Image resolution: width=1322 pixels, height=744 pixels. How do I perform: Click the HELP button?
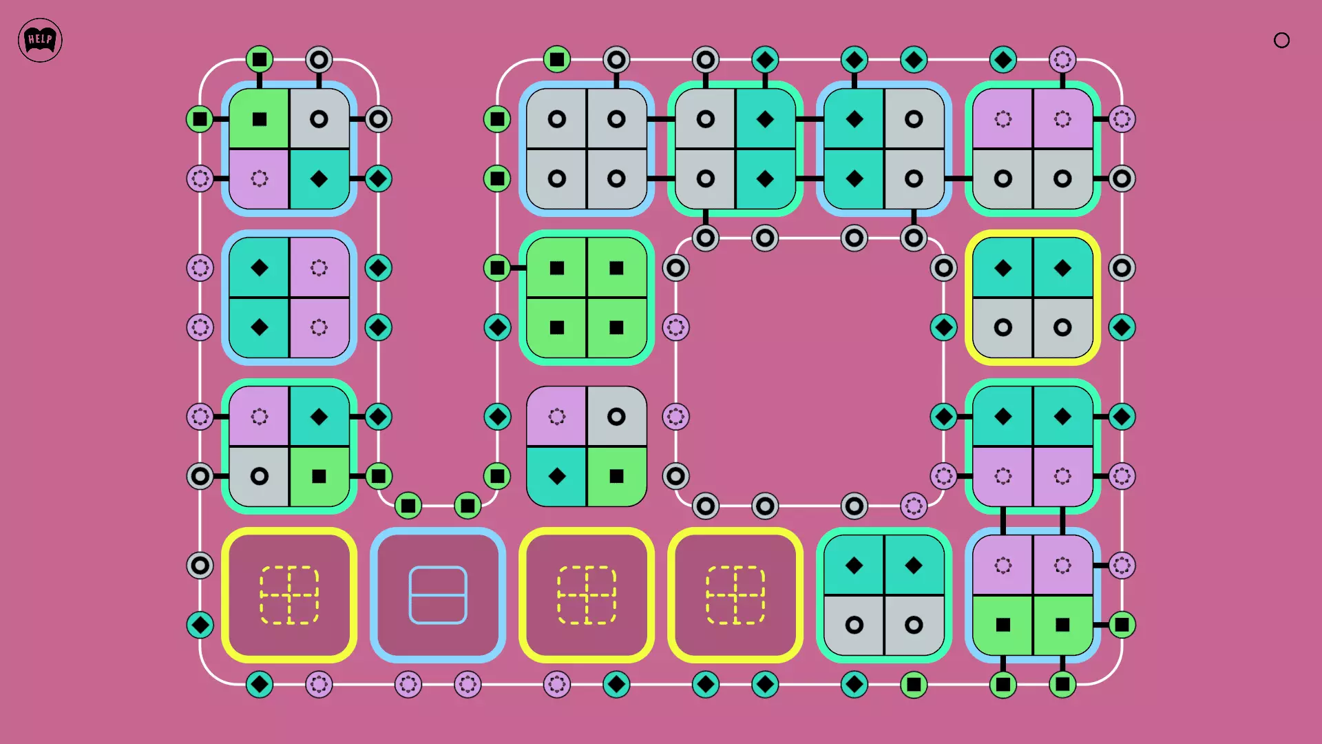tap(40, 40)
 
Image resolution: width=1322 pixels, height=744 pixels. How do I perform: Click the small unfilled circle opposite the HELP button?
tap(1281, 40)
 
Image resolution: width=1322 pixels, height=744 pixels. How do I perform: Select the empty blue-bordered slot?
tap(438, 595)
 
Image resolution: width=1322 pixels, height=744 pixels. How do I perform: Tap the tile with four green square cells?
tap(587, 298)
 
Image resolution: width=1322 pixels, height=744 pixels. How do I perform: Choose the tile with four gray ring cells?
tap(587, 149)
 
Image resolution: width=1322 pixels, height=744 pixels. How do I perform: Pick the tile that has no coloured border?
tap(587, 446)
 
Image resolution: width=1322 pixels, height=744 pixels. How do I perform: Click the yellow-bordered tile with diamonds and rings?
tap(1033, 298)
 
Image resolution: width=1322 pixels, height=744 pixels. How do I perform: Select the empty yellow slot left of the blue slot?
tap(289, 595)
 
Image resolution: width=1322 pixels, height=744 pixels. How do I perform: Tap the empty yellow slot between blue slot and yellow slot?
tap(587, 595)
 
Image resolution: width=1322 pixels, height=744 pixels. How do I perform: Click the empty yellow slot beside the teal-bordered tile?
tap(735, 595)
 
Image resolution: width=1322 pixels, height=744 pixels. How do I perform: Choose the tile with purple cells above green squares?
tap(1033, 595)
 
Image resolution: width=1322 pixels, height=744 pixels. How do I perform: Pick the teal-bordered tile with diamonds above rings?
tap(884, 595)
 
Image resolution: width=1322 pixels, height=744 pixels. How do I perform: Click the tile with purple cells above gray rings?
tap(1033, 149)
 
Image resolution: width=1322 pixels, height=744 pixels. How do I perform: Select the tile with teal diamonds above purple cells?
tap(1033, 446)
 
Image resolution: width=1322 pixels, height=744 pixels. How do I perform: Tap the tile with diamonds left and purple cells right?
tap(289, 298)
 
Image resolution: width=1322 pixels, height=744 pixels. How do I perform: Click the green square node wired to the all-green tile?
tap(497, 268)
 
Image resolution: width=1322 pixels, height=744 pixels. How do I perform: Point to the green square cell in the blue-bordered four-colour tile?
tap(259, 118)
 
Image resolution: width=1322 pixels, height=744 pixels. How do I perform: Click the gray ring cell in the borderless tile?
tap(617, 416)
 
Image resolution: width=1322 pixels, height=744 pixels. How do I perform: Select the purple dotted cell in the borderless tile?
tap(556, 416)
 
